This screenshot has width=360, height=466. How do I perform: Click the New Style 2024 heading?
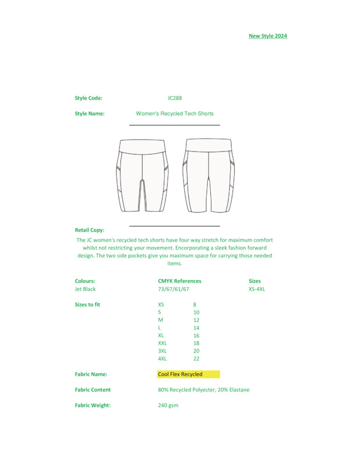point(268,36)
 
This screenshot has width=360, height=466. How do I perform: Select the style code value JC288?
point(175,98)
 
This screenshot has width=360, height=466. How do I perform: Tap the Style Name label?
point(90,114)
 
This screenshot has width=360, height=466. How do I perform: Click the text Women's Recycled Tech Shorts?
point(175,114)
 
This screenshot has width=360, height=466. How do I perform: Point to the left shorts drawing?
point(143,175)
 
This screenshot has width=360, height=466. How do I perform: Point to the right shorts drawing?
point(209,175)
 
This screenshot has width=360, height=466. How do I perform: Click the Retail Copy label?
point(90,230)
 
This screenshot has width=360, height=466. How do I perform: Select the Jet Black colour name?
point(86,289)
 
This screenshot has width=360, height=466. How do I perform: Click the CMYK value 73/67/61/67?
point(174,289)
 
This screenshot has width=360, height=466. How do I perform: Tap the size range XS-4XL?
point(257,289)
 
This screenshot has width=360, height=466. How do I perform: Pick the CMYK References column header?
point(179,281)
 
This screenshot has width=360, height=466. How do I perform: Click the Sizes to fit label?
point(87,305)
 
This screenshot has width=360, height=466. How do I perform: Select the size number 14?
point(196,328)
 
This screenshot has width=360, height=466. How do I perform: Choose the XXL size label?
point(163,344)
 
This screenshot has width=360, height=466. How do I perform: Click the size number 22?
point(196,359)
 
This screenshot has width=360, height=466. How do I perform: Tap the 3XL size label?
point(163,351)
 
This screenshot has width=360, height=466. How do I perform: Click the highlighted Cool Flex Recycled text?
point(181,374)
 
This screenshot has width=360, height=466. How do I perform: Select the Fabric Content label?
point(93,390)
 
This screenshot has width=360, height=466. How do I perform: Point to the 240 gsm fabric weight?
point(168,405)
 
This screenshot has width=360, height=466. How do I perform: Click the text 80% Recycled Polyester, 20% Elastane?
point(204,390)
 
